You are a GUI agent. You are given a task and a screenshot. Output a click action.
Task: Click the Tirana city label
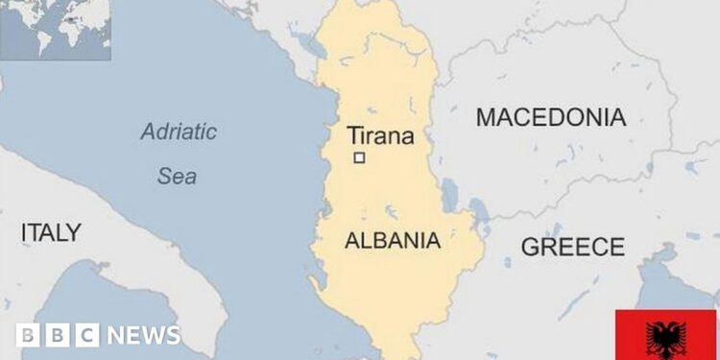[380, 135]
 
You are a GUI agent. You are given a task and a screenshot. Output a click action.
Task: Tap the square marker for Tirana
[359, 158]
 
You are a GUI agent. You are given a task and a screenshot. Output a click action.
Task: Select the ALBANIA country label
[392, 240]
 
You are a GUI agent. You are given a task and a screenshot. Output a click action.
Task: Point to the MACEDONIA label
[551, 118]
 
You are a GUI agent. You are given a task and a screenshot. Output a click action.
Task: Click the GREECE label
[572, 247]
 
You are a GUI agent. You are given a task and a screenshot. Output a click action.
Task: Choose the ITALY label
[51, 232]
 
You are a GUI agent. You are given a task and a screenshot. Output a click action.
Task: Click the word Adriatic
[179, 132]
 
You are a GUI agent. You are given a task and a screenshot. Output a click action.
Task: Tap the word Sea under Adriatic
[177, 176]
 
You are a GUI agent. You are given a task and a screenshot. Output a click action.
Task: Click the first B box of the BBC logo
[28, 335]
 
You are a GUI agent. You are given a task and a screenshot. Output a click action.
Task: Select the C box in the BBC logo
[86, 335]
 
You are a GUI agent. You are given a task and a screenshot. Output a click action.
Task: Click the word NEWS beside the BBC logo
[143, 335]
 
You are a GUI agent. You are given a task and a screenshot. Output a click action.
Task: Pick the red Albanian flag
[666, 335]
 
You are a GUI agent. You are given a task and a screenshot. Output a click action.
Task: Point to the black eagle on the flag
[666, 336]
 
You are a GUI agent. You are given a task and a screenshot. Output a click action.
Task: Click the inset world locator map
[55, 30]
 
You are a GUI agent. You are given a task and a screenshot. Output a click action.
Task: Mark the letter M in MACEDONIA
[487, 118]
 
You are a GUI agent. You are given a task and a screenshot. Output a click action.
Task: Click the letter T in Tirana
[352, 135]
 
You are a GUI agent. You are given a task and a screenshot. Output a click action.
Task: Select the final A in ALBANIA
[433, 240]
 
